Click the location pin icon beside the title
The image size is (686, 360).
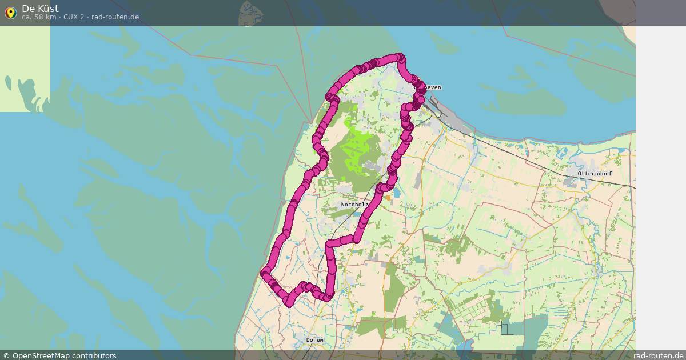click(10, 13)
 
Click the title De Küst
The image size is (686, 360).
click(40, 9)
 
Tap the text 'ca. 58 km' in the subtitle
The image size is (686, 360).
click(39, 17)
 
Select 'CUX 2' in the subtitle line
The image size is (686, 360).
click(74, 17)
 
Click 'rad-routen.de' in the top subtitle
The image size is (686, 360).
click(115, 17)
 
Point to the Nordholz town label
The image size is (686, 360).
click(354, 204)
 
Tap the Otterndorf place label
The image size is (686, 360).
click(595, 173)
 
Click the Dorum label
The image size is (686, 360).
click(314, 339)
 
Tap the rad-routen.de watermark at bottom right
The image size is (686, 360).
click(658, 355)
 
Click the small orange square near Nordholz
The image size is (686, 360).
click(388, 198)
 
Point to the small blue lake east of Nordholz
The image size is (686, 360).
click(397, 193)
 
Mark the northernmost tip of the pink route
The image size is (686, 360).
click(400, 57)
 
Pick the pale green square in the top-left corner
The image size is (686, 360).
click(25, 69)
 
